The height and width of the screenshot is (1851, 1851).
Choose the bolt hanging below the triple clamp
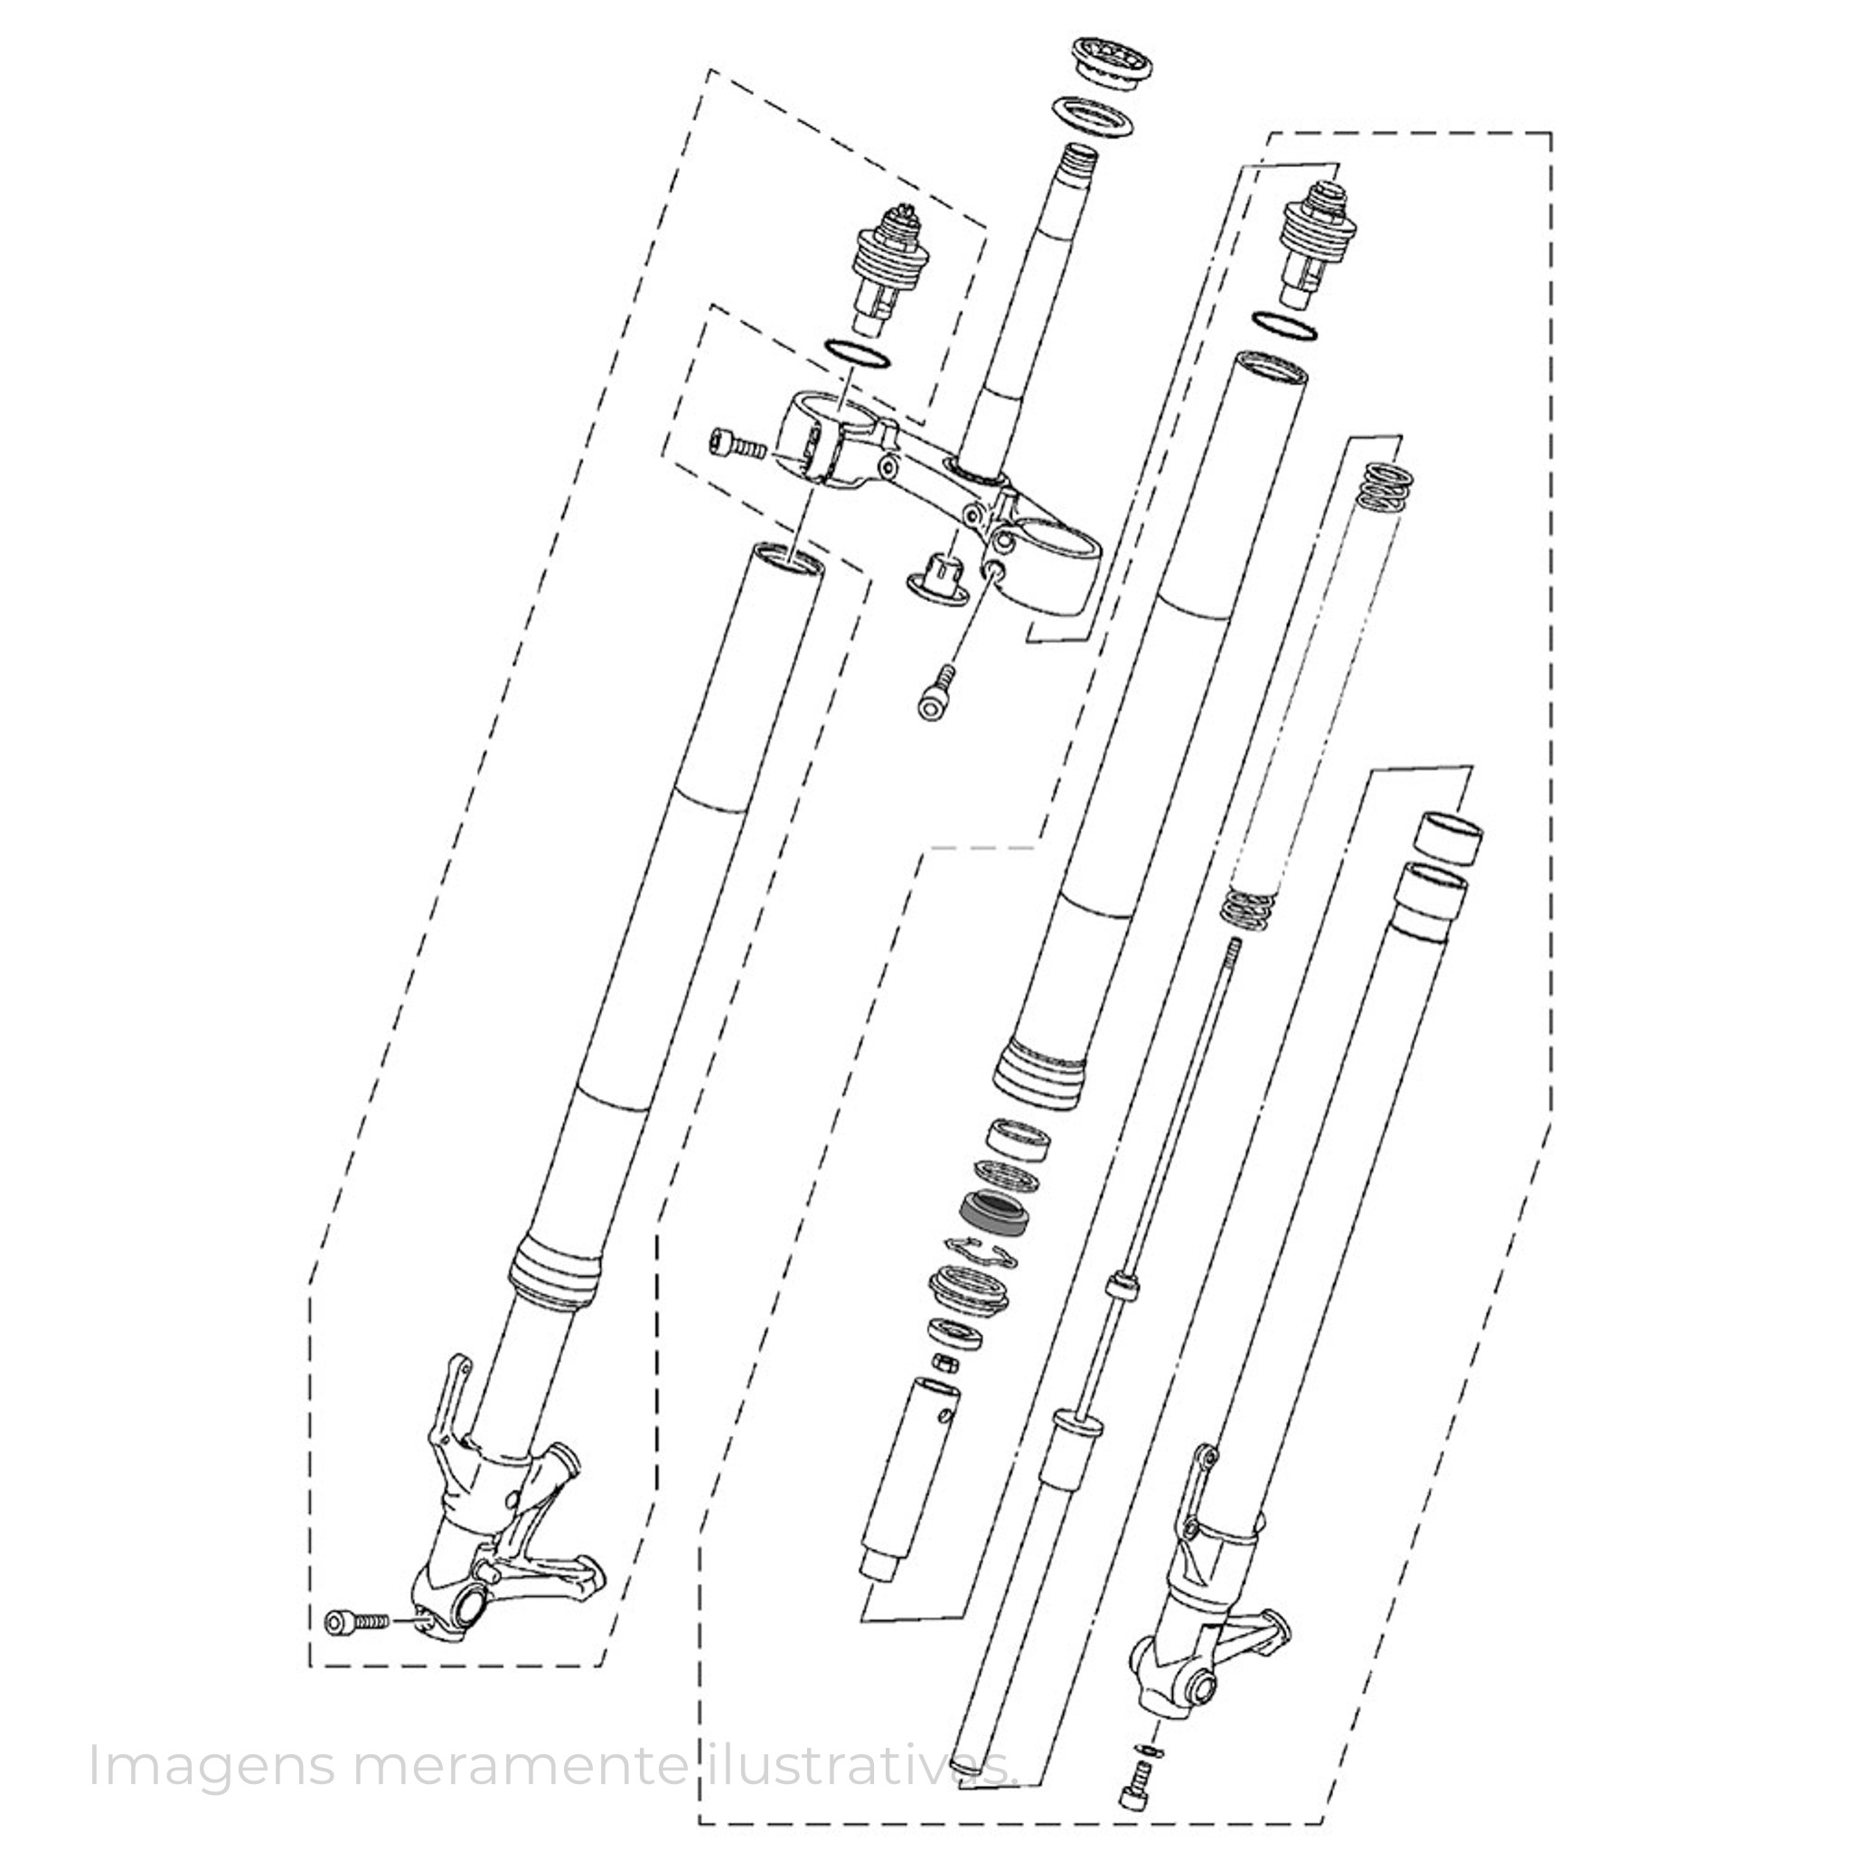coord(936,690)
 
